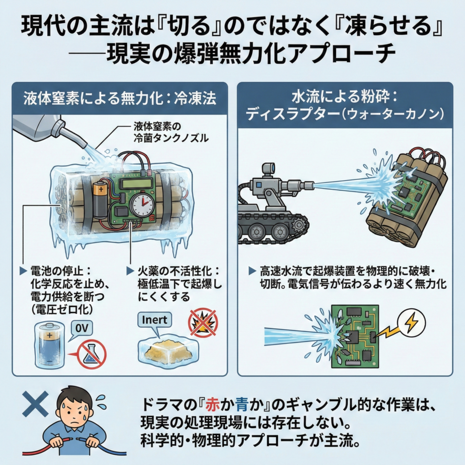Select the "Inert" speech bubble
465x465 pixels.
[x=154, y=320]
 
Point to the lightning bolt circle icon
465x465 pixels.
[x=411, y=323]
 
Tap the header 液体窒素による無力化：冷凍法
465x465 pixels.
[x=119, y=98]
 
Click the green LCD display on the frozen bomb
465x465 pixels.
[x=136, y=183]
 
